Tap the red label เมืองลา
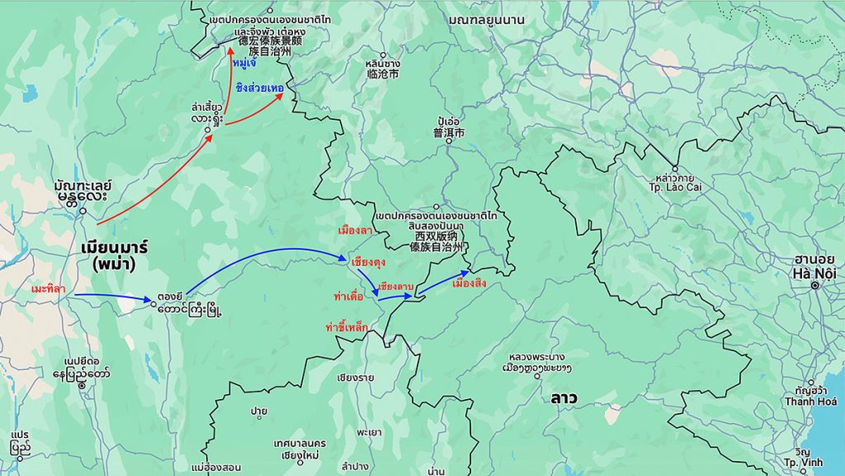355,229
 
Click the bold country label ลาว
564,398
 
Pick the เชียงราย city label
355,378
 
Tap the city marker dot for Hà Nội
814,285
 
